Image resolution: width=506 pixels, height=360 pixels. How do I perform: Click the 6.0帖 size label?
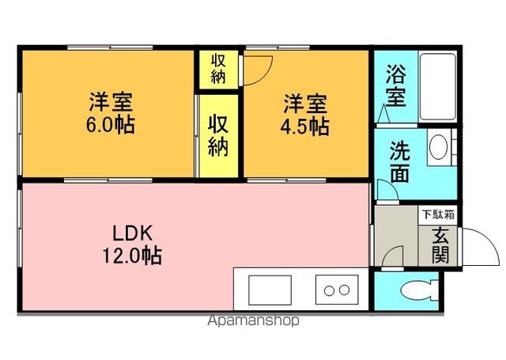pyautogui.click(x=111, y=125)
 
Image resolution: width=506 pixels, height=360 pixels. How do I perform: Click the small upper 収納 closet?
pyautogui.click(x=219, y=70)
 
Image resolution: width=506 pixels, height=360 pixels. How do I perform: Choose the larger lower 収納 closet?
pyautogui.click(x=219, y=135)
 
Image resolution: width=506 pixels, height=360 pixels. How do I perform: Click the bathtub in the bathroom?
pyautogui.click(x=435, y=87)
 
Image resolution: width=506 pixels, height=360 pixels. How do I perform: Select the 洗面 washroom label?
pyautogui.click(x=399, y=161)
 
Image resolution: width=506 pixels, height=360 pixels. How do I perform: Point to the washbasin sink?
pyautogui.click(x=439, y=147)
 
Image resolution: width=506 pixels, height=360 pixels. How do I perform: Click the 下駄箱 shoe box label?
pyautogui.click(x=437, y=214)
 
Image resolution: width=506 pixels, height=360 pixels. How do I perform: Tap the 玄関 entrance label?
pyautogui.click(x=440, y=244)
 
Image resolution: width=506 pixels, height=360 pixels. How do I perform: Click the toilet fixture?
pyautogui.click(x=414, y=290)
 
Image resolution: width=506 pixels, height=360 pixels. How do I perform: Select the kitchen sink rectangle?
pyautogui.click(x=270, y=289)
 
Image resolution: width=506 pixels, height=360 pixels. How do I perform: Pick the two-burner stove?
pyautogui.click(x=337, y=289)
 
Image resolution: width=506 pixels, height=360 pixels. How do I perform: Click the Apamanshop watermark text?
pyautogui.click(x=253, y=321)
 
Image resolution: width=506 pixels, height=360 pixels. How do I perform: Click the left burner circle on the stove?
pyautogui.click(x=328, y=290)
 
